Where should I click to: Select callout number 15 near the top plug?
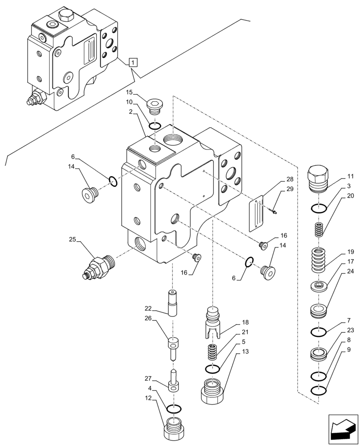point(130,92)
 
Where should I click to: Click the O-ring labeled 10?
point(155,126)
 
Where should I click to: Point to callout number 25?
point(73,240)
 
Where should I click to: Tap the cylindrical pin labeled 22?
point(173,302)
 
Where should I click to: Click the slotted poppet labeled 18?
point(213,323)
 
